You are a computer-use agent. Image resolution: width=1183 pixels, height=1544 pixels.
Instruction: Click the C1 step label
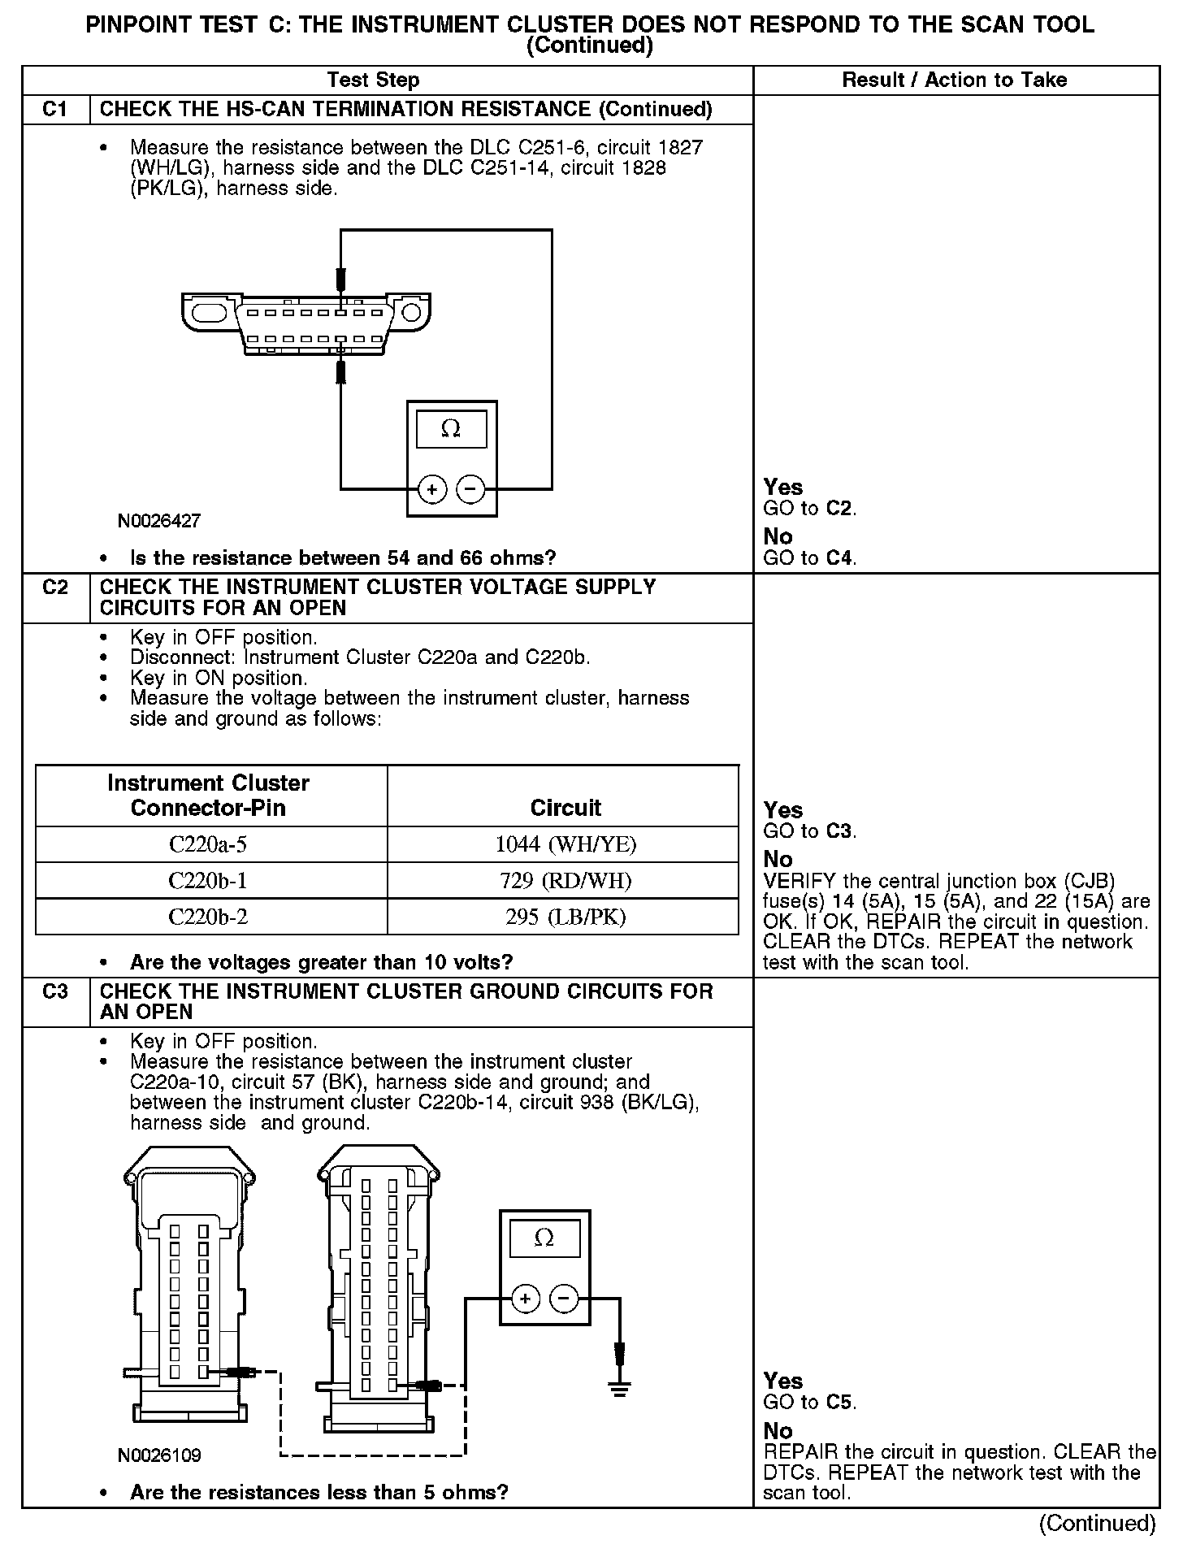click(x=55, y=109)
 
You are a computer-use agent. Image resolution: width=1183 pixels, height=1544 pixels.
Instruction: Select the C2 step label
click(x=55, y=587)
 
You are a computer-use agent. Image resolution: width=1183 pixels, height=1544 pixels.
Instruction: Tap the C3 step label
click(x=55, y=991)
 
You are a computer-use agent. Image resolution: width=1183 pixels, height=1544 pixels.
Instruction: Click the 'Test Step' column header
click(x=373, y=80)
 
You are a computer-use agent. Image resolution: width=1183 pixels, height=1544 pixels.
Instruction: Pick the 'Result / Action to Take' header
click(x=955, y=80)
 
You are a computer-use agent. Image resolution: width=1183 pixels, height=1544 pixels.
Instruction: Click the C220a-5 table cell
click(x=208, y=844)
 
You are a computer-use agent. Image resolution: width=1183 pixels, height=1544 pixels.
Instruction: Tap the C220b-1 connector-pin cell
click(x=208, y=881)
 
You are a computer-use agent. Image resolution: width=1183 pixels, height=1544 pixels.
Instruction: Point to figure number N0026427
click(x=159, y=521)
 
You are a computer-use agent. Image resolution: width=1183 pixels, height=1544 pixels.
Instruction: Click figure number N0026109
click(x=159, y=1455)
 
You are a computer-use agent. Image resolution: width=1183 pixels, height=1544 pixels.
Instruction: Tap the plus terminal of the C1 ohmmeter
click(x=432, y=489)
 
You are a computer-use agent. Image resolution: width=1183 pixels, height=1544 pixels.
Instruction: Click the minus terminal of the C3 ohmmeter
click(x=564, y=1298)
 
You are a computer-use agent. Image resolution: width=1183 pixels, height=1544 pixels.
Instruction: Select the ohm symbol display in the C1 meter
click(x=451, y=428)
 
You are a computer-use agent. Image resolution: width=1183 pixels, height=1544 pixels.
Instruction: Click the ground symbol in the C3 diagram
click(x=620, y=1388)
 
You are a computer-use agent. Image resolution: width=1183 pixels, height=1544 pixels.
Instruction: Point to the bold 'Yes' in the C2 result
click(x=783, y=809)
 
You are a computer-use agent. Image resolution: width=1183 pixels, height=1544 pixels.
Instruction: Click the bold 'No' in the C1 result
click(x=778, y=536)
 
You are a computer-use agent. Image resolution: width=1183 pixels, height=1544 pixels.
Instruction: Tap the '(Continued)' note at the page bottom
click(x=1097, y=1522)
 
